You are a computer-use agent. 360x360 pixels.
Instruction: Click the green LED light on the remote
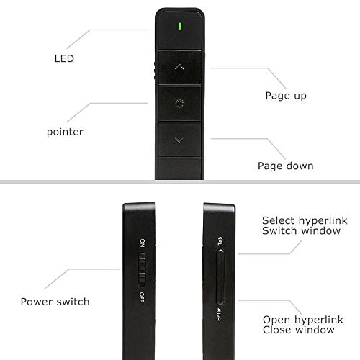(x=180, y=26)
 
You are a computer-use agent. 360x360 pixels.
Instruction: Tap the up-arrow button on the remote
(x=179, y=67)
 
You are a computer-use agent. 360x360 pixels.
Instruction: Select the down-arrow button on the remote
(x=179, y=140)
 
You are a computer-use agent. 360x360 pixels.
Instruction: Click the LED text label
(x=64, y=58)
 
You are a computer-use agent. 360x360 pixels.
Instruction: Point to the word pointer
(x=65, y=132)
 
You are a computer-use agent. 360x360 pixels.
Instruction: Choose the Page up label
(x=286, y=96)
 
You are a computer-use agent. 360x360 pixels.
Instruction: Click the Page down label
(x=286, y=166)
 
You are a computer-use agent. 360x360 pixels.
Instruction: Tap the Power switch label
(x=55, y=302)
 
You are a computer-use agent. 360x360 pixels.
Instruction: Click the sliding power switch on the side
(x=143, y=269)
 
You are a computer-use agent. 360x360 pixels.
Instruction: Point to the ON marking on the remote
(x=143, y=243)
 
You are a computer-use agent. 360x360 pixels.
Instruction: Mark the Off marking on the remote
(x=142, y=297)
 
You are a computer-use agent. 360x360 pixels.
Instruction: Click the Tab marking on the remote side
(x=220, y=241)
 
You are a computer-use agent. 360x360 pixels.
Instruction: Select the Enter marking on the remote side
(x=218, y=314)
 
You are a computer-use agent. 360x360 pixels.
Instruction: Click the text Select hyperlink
(x=305, y=220)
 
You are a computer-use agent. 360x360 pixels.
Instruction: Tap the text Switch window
(x=301, y=231)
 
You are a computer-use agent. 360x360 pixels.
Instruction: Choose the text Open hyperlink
(x=303, y=320)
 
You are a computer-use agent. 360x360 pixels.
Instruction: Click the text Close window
(x=298, y=330)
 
